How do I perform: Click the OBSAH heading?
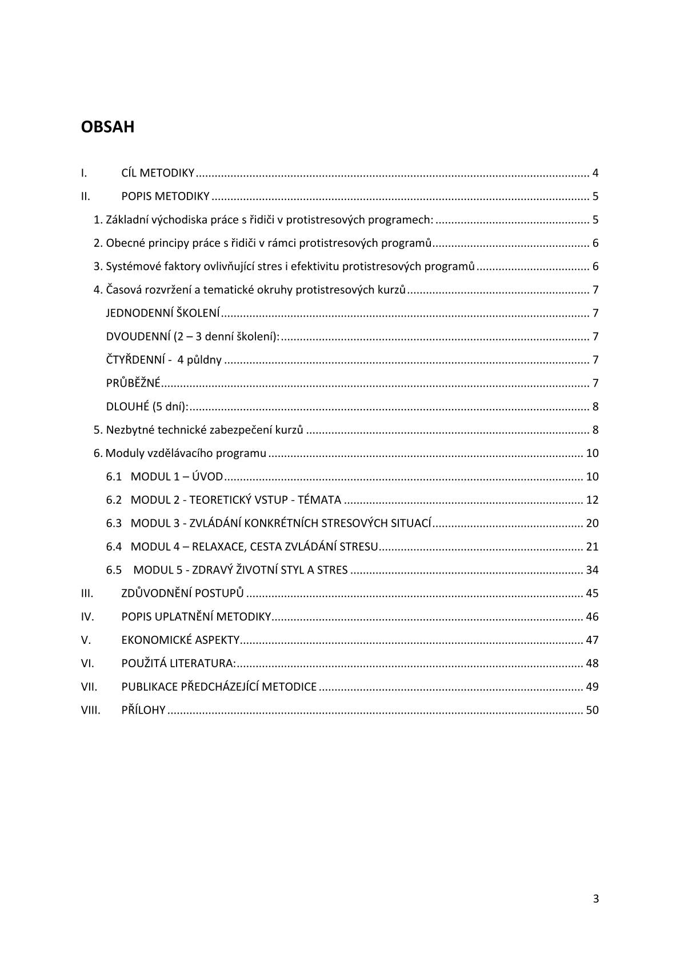(x=108, y=127)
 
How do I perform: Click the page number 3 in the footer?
(x=595, y=899)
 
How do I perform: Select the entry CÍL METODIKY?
(x=158, y=173)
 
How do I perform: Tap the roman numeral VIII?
(x=90, y=710)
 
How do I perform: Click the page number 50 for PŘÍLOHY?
(x=592, y=710)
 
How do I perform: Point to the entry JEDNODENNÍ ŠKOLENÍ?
(x=163, y=313)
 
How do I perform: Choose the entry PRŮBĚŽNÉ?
(x=133, y=383)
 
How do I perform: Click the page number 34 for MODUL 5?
(x=592, y=570)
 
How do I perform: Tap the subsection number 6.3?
(x=114, y=523)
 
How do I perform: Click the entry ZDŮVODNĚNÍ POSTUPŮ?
(x=182, y=594)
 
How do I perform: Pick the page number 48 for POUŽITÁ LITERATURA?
(x=592, y=664)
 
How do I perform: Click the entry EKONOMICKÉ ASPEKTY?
(x=180, y=640)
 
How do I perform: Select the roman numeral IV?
(x=87, y=617)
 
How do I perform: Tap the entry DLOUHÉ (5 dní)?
(x=147, y=407)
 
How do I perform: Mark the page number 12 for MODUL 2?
(x=592, y=500)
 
